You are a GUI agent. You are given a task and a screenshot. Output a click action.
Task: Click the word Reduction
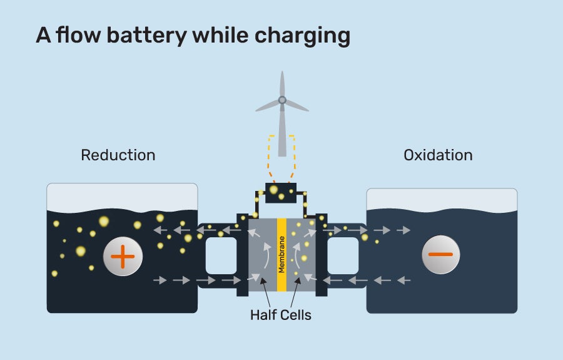(118, 155)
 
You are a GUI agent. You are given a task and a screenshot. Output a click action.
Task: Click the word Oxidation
(438, 155)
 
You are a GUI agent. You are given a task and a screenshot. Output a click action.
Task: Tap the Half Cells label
(280, 315)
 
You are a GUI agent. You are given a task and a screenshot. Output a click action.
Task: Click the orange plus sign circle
(123, 255)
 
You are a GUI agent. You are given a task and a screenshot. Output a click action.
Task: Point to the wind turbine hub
(282, 100)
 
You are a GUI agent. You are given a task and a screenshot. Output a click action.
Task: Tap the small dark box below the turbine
(281, 193)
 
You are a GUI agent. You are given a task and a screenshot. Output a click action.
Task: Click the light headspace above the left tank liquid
(122, 197)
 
